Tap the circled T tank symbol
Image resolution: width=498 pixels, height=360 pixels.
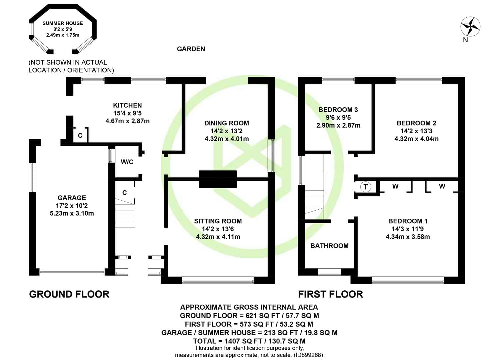(366, 186)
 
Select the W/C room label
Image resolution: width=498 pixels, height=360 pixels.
(127, 162)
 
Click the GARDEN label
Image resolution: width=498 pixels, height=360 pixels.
(191, 49)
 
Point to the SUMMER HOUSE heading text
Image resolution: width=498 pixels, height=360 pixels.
(63, 23)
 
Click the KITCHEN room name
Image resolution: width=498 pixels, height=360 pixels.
(127, 105)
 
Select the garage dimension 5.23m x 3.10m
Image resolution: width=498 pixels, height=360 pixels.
(72, 213)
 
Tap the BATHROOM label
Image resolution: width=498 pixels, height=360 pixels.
(329, 246)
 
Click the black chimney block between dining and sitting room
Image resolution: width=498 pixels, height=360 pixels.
(218, 179)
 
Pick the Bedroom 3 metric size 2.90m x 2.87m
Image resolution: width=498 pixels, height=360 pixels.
(338, 125)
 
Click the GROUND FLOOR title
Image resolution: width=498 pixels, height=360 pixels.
(69, 294)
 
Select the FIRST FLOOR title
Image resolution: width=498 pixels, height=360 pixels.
(330, 294)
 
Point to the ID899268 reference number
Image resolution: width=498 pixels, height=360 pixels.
(308, 355)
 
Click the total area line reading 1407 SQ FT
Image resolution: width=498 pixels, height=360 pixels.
(249, 341)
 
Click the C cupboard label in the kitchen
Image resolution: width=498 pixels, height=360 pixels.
(80, 135)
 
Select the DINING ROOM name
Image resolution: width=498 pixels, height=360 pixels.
(226, 123)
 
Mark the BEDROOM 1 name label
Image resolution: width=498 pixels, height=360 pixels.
(408, 221)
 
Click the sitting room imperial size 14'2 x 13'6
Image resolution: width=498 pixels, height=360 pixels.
(218, 229)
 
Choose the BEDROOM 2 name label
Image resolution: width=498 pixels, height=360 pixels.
(416, 123)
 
